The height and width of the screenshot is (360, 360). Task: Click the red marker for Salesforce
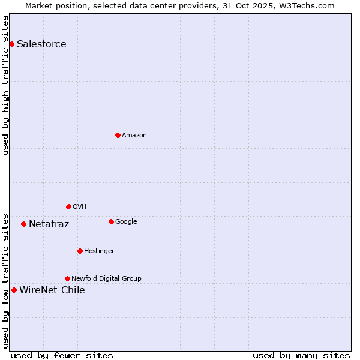(11, 44)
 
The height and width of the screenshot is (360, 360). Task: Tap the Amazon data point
(118, 135)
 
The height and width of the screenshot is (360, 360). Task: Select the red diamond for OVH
(68, 206)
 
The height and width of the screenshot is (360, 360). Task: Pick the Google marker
(111, 221)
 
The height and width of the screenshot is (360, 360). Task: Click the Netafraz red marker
(23, 224)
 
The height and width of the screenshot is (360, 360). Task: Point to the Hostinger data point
(80, 251)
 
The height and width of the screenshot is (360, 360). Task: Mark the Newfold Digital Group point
(67, 278)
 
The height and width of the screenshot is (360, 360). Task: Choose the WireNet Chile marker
(14, 290)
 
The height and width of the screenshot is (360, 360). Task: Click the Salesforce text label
(41, 44)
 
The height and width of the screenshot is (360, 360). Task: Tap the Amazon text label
(134, 135)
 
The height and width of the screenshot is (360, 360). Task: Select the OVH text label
(80, 206)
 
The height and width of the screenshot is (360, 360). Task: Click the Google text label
(126, 221)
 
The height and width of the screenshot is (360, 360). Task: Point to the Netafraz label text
(49, 224)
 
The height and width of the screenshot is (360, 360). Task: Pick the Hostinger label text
(99, 251)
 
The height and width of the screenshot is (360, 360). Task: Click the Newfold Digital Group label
(106, 278)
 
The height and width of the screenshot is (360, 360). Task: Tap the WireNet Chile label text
(52, 290)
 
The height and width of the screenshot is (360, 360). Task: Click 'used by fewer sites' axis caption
(62, 355)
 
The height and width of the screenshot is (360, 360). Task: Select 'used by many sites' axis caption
(301, 355)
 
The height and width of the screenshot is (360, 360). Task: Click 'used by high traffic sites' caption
(5, 85)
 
